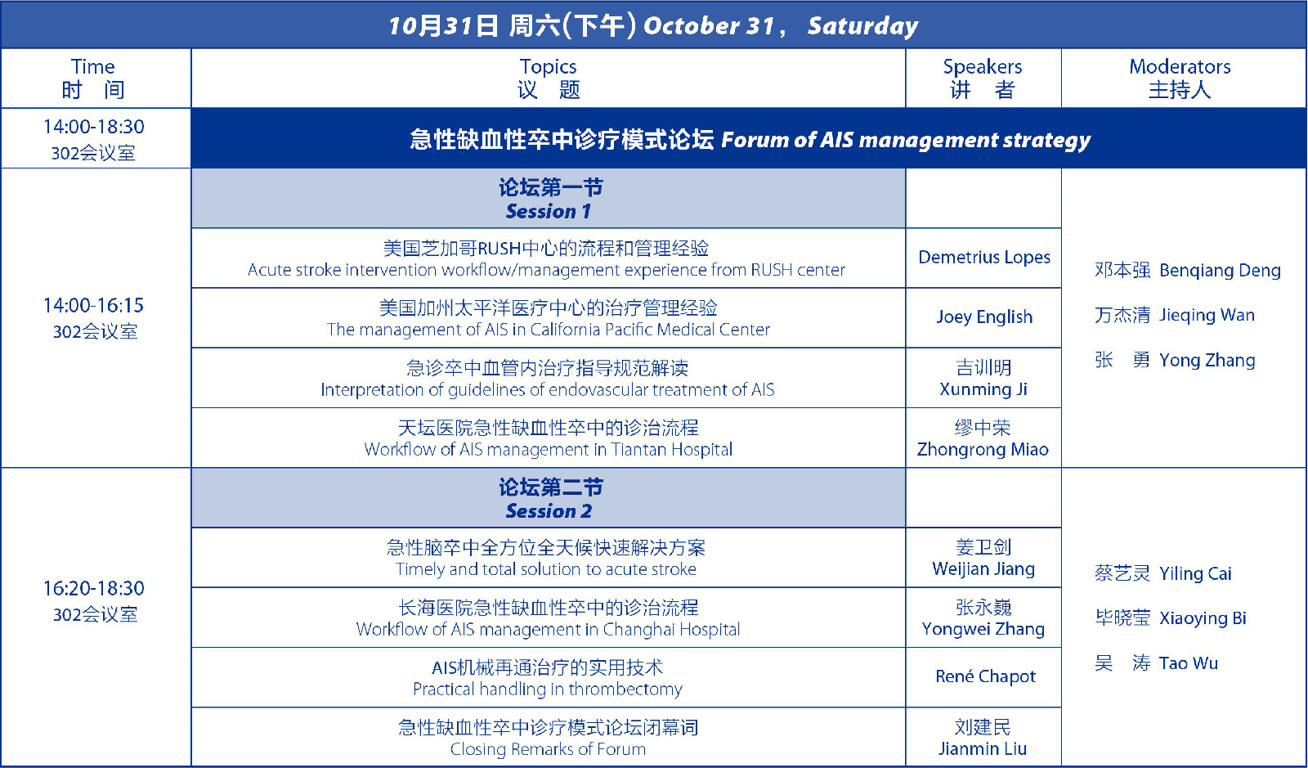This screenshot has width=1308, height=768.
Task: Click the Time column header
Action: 93,79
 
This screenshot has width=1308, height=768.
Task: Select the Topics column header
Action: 549,79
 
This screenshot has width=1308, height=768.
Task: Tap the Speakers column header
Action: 983,79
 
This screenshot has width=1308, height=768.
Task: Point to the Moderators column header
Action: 1180,79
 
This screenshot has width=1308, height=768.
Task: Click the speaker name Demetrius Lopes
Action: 984,257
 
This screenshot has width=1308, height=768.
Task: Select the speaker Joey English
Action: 984,317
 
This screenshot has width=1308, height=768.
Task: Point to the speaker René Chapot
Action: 985,676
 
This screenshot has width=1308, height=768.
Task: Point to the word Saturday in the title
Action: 863,26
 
